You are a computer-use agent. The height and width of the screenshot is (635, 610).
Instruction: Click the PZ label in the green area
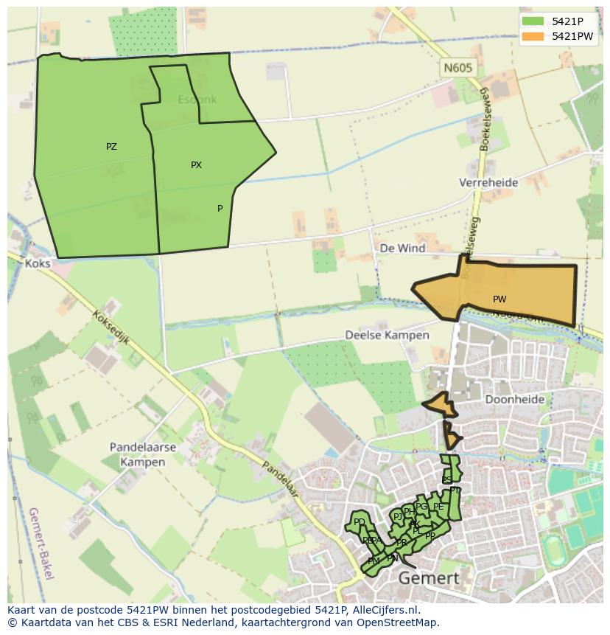[111, 147]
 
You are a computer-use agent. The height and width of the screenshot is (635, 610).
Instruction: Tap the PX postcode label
[196, 165]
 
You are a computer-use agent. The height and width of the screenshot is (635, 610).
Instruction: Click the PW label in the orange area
[499, 299]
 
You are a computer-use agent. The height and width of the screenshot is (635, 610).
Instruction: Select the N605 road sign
[458, 68]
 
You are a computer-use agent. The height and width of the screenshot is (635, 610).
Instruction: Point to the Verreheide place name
[488, 182]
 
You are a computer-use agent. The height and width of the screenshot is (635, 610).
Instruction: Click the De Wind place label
[402, 249]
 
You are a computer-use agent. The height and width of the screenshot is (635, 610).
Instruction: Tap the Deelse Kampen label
[387, 335]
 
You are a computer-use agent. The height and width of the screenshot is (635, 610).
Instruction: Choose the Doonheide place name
[515, 400]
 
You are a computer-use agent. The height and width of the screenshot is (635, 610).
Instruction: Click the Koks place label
[37, 263]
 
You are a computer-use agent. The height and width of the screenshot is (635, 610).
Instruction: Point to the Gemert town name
[428, 578]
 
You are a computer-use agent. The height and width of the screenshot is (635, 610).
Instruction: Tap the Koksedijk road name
[111, 327]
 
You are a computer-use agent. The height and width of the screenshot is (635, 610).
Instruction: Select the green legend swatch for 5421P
[533, 21]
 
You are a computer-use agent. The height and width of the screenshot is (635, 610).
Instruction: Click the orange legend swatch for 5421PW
[533, 36]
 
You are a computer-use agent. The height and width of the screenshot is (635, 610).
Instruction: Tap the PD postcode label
[360, 522]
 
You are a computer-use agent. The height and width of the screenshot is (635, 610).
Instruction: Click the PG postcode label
[421, 507]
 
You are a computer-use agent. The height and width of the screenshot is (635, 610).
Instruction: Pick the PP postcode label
[430, 536]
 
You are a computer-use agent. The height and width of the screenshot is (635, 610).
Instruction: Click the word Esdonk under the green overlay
[197, 100]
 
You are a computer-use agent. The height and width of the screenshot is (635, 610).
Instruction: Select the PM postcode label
[374, 561]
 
